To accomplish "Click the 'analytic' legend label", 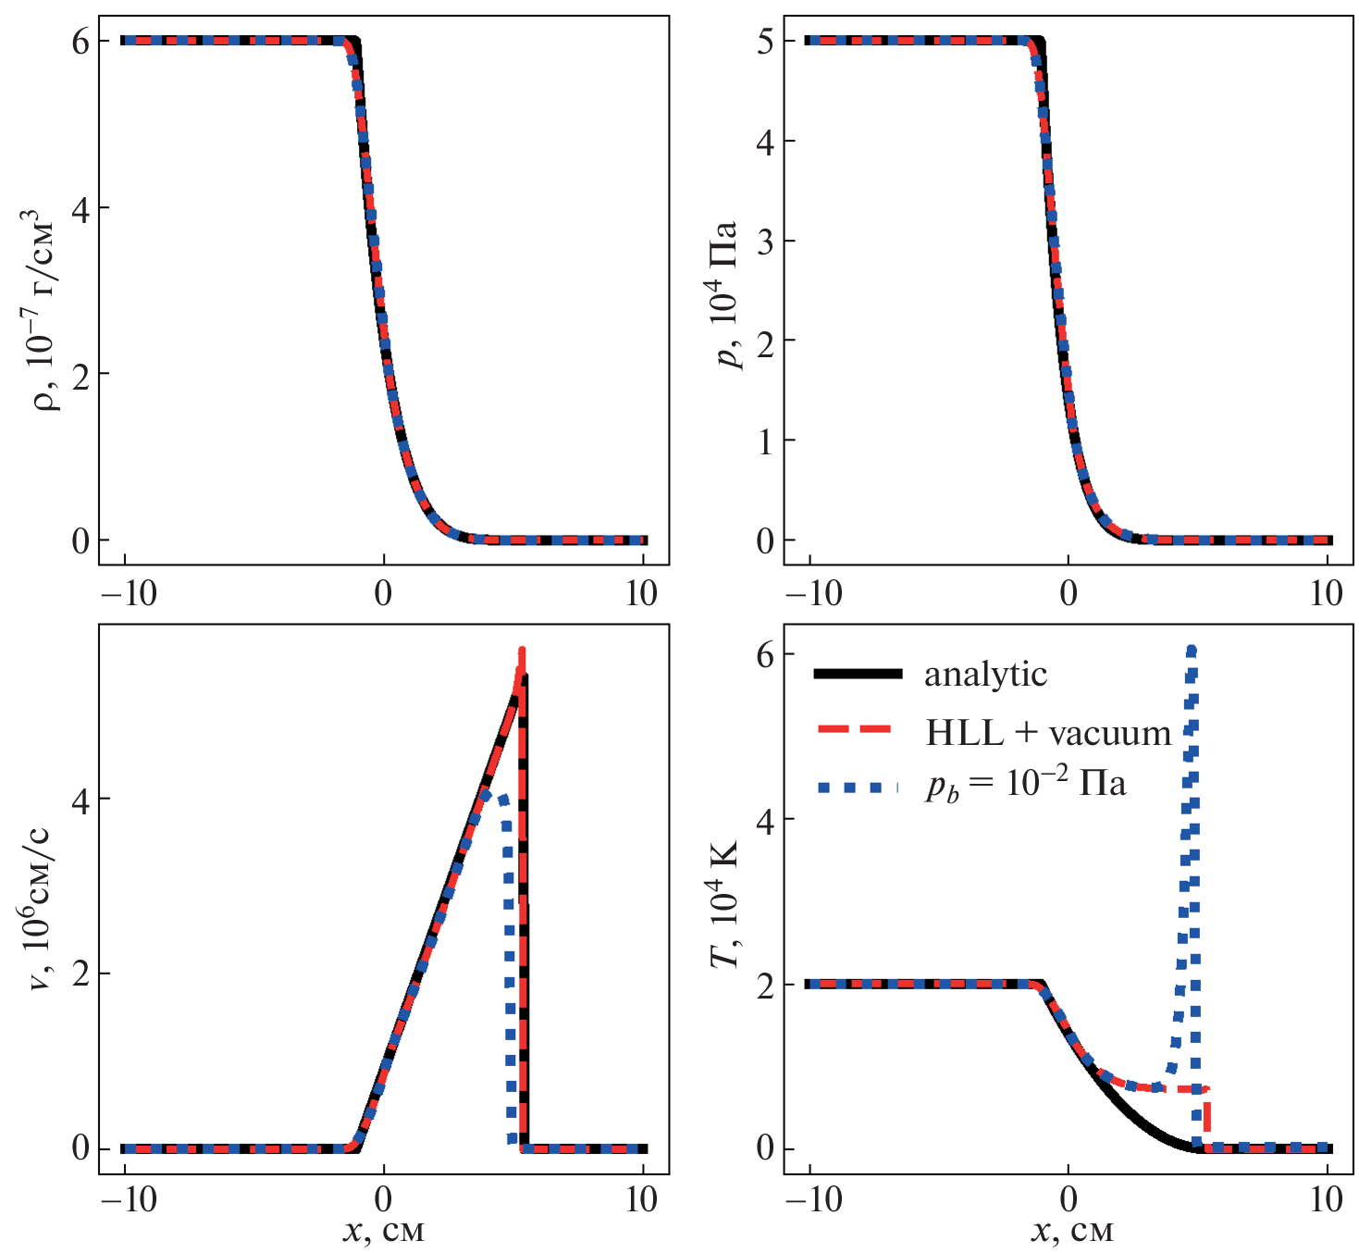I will [x=985, y=674].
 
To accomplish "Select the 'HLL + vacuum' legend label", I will [x=1048, y=732].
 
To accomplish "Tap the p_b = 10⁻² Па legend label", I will [x=1026, y=785].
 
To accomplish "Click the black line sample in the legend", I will [x=857, y=675].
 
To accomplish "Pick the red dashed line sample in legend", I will [x=857, y=731].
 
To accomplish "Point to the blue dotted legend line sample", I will [x=857, y=788].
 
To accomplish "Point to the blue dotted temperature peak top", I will [x=1191, y=651].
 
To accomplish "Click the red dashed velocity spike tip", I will [x=522, y=651].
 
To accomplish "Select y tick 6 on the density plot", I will [x=80, y=41].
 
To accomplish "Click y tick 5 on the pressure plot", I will [x=765, y=41].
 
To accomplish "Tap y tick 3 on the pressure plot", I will [x=765, y=241].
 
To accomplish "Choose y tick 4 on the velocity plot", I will [x=80, y=799].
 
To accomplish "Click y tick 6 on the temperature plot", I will [x=765, y=653].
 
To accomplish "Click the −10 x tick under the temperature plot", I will [x=809, y=1200].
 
